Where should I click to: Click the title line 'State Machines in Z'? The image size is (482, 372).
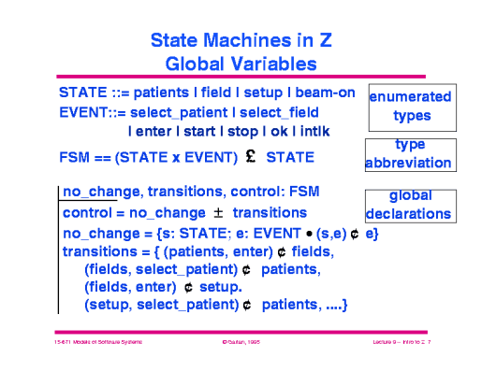[241, 42]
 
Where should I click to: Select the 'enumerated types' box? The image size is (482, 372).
[411, 107]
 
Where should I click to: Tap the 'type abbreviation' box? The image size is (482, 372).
[410, 154]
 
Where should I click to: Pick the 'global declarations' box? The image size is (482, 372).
[409, 206]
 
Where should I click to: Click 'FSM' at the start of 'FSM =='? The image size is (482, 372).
[74, 156]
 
